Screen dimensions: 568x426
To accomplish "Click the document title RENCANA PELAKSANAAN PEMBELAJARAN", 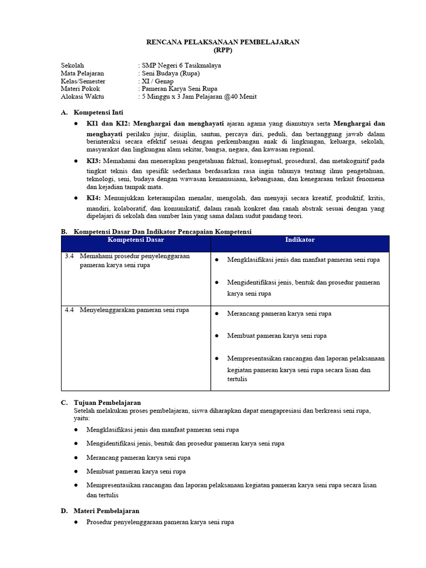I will pos(222,42).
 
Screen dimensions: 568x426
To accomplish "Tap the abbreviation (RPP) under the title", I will pos(222,49).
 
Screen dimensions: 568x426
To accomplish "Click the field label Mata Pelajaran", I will pos(82,73).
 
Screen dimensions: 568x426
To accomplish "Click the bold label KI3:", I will pos(94,160).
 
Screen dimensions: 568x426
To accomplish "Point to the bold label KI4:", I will pos(94,198).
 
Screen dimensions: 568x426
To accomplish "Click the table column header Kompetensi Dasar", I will pos(135,240).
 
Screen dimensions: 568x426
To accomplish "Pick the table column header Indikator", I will pos(300,240).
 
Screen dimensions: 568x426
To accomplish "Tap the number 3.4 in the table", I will pos(69,256).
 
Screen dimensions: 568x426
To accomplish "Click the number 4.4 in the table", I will pos(69,310).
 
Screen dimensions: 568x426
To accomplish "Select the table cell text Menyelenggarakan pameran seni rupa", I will pos(134,310).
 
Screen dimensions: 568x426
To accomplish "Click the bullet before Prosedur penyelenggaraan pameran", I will pos(76,523).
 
